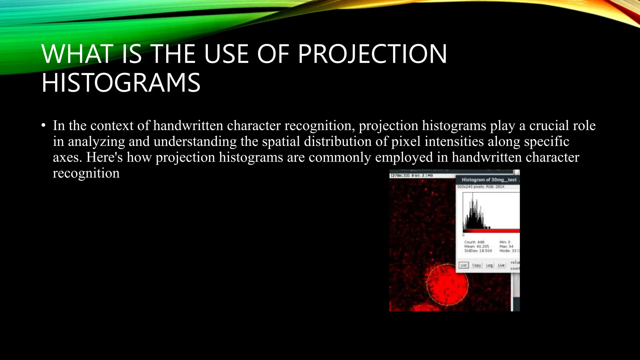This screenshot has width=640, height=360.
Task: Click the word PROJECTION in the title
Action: (372, 54)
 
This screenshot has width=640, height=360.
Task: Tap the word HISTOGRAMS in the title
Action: (121, 83)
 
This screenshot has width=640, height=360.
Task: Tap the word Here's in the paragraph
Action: (104, 157)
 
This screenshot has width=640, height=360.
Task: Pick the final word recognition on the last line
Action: (86, 173)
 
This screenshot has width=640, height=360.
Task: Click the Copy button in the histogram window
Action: (476, 265)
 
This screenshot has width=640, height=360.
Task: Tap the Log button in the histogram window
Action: (489, 265)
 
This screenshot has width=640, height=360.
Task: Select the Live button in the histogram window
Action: (501, 265)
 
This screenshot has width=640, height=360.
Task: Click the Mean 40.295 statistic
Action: (476, 246)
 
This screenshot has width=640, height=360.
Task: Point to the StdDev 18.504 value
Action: (478, 251)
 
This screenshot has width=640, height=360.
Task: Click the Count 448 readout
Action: (474, 242)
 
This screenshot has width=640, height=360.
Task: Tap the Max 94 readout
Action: (506, 246)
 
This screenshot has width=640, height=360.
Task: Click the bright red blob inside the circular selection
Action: (447, 284)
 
